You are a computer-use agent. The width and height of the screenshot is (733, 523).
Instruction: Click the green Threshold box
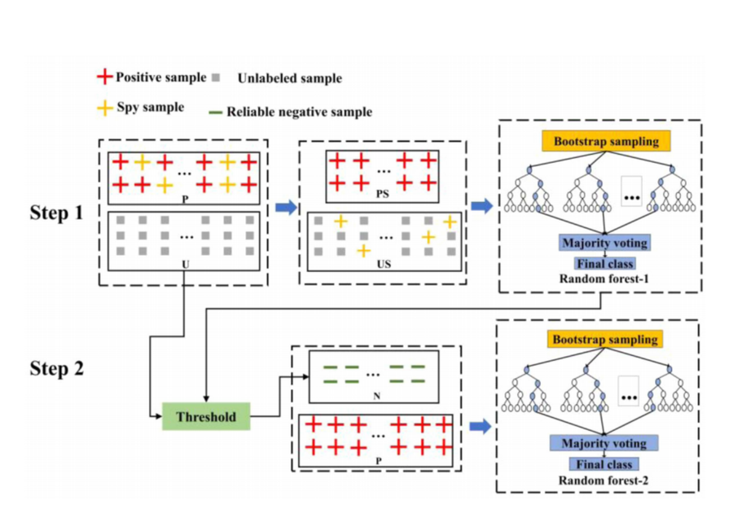(206, 416)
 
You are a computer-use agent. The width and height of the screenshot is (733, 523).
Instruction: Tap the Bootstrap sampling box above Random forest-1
(606, 141)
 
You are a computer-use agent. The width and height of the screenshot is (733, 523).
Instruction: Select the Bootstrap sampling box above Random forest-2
(605, 340)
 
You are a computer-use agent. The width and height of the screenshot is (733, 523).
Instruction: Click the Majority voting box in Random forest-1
(605, 243)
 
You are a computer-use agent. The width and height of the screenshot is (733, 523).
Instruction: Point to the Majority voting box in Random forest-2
(604, 443)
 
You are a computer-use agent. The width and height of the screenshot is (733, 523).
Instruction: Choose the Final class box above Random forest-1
(605, 264)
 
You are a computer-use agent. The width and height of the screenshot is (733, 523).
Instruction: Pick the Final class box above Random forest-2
(604, 464)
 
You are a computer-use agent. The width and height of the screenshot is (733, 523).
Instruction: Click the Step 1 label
(56, 213)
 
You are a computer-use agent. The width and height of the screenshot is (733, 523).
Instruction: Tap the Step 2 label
(57, 368)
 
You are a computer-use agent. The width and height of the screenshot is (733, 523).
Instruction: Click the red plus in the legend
(105, 77)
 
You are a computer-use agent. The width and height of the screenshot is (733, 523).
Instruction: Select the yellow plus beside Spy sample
(105, 108)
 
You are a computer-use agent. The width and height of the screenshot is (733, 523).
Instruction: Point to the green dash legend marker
(215, 112)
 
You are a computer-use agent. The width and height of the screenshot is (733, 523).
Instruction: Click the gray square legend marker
(216, 77)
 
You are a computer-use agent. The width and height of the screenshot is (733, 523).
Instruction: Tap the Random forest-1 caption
(604, 279)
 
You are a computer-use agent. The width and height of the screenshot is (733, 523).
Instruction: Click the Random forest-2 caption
(603, 481)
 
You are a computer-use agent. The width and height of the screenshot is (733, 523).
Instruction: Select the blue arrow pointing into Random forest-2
(480, 426)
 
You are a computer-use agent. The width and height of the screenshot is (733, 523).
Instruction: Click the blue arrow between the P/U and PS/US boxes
(286, 207)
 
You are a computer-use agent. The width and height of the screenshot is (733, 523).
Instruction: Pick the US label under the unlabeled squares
(384, 265)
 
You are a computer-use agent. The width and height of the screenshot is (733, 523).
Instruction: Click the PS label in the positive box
(383, 194)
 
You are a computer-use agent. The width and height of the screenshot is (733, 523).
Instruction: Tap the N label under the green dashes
(377, 397)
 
